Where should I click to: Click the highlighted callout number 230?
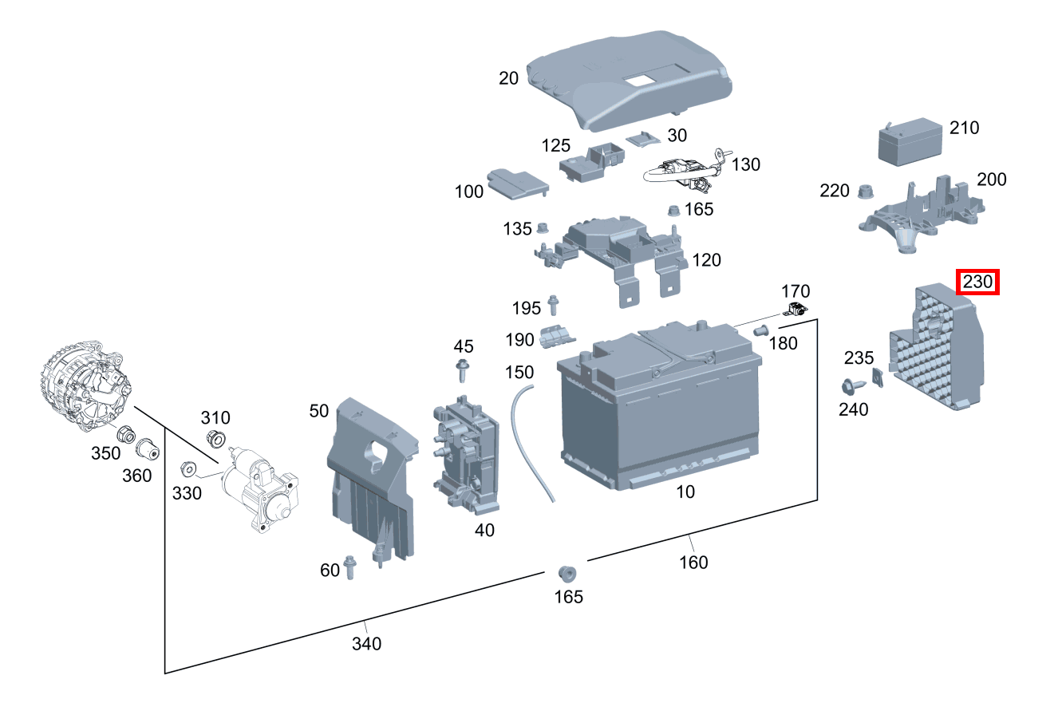(x=977, y=282)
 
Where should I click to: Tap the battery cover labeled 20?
(x=630, y=80)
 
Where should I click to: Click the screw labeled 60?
(x=349, y=567)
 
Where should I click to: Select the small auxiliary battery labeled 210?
(x=910, y=144)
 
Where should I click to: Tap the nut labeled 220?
(x=864, y=192)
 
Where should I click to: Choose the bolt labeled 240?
(x=851, y=387)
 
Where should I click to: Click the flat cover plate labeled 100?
(x=517, y=184)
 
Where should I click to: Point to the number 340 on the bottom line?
(x=366, y=642)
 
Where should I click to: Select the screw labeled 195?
(x=554, y=305)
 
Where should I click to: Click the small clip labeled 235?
(x=878, y=377)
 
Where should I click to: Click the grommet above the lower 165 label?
(x=567, y=573)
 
